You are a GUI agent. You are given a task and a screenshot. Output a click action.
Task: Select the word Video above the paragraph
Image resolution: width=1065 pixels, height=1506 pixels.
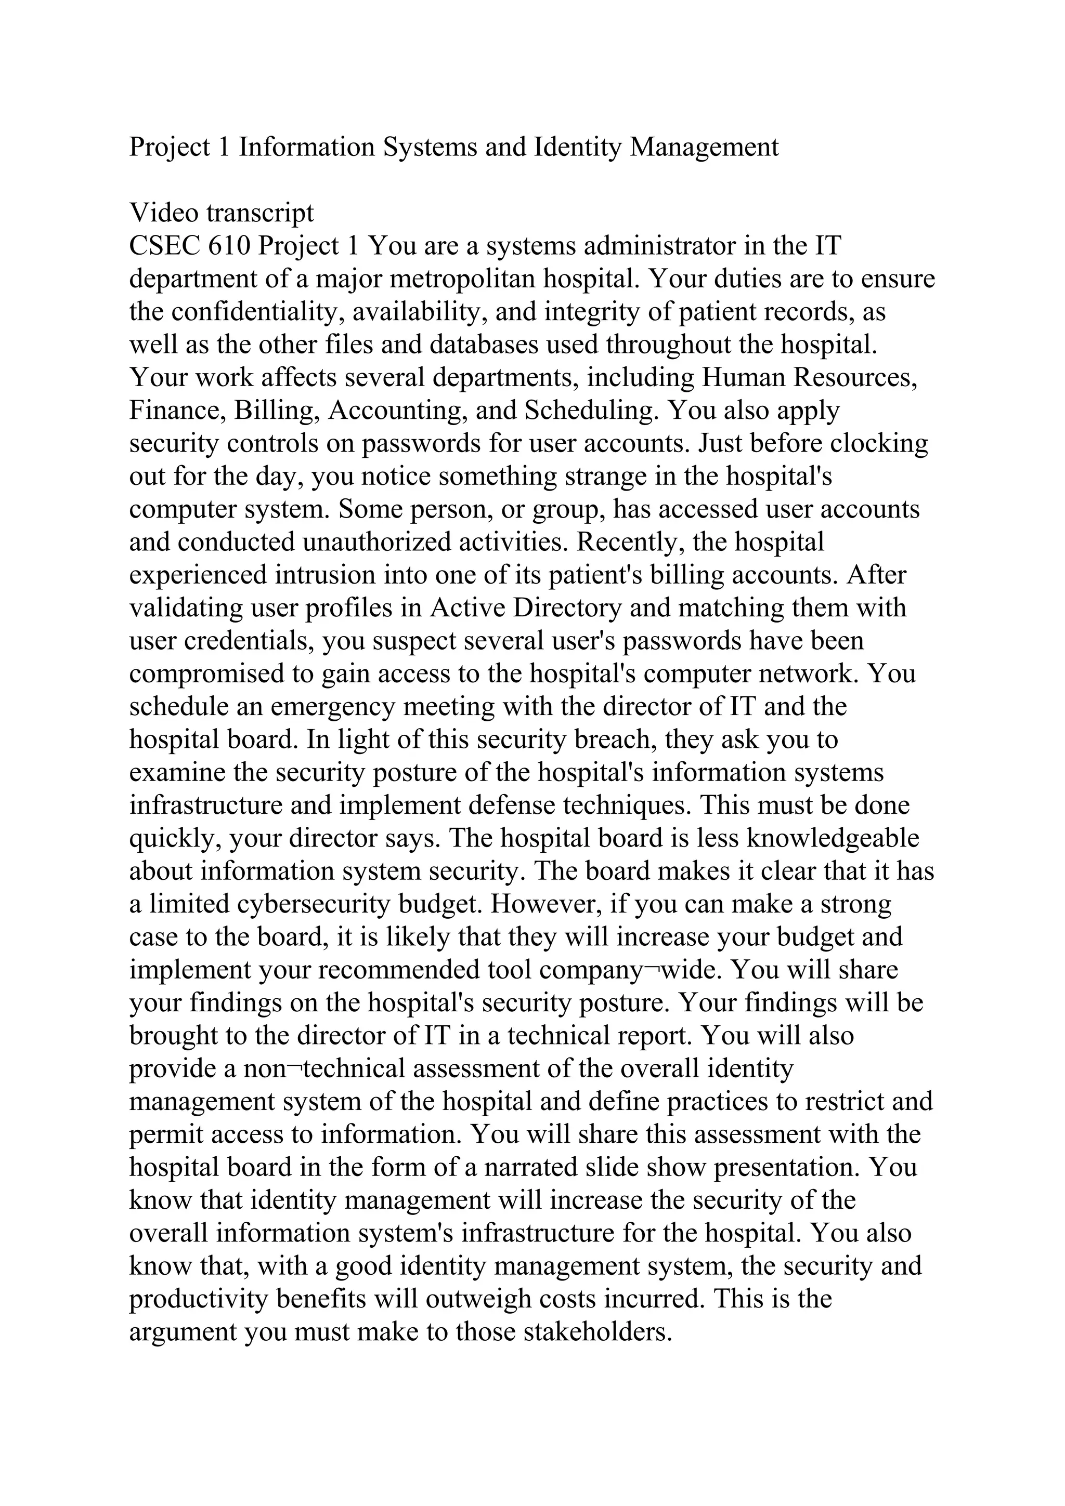tap(163, 213)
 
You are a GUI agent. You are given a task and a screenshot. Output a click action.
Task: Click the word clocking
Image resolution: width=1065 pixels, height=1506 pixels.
tap(879, 443)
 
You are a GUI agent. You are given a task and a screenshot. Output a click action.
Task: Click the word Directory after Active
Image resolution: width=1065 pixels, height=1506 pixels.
tap(566, 607)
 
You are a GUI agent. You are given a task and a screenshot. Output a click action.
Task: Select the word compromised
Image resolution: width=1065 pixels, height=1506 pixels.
tap(201, 673)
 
